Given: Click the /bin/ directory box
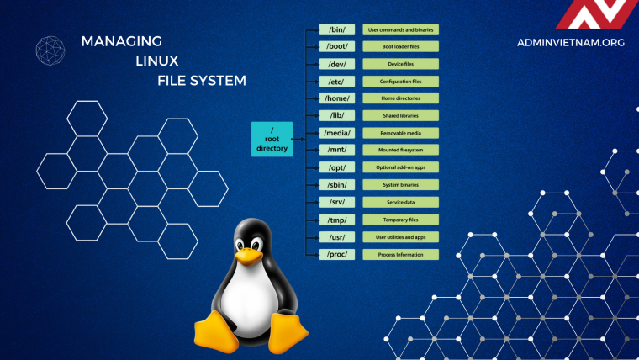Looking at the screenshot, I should pyautogui.click(x=337, y=29).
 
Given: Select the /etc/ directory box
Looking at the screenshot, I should pyautogui.click(x=337, y=81).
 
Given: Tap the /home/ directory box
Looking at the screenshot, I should pyautogui.click(x=337, y=98).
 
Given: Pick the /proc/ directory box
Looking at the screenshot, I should pyautogui.click(x=337, y=254).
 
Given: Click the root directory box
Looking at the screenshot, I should pyautogui.click(x=272, y=138).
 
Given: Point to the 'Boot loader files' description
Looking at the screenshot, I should pyautogui.click(x=400, y=46).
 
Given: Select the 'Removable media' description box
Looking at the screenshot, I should pyautogui.click(x=400, y=133).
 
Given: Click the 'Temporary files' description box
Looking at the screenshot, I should pyautogui.click(x=400, y=220).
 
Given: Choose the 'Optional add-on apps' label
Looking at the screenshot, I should pyautogui.click(x=400, y=167).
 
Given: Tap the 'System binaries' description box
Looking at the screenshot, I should pyautogui.click(x=400, y=185).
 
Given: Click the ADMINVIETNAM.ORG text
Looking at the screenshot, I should pyautogui.click(x=572, y=42).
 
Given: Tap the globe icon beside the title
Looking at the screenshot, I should pyautogui.click(x=50, y=50).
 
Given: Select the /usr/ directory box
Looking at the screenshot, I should pyautogui.click(x=337, y=236).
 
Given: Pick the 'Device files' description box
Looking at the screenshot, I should pyautogui.click(x=400, y=64).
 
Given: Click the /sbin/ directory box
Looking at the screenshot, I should pyautogui.click(x=337, y=185).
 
